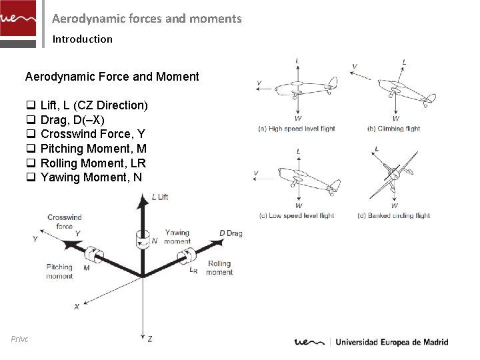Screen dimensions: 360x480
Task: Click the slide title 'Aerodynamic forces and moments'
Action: coord(147,19)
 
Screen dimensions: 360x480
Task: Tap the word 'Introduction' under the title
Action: coord(83,39)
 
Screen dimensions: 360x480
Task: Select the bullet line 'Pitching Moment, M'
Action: coord(93,148)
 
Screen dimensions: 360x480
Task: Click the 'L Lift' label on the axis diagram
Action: coord(160,197)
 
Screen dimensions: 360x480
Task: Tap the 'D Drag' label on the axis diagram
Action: coord(231,233)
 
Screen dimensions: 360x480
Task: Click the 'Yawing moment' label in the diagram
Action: coord(177,237)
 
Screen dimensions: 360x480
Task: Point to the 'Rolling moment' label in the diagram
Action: coord(219,268)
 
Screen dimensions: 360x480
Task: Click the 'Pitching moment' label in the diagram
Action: coord(59,271)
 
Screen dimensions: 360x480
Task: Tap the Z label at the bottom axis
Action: coord(150,339)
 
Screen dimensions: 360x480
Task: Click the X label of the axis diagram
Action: coord(77,307)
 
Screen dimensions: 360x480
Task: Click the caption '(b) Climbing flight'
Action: coord(393,129)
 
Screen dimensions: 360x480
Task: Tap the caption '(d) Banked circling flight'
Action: coord(393,215)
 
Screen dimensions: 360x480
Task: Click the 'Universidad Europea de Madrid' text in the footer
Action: coord(391,342)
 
